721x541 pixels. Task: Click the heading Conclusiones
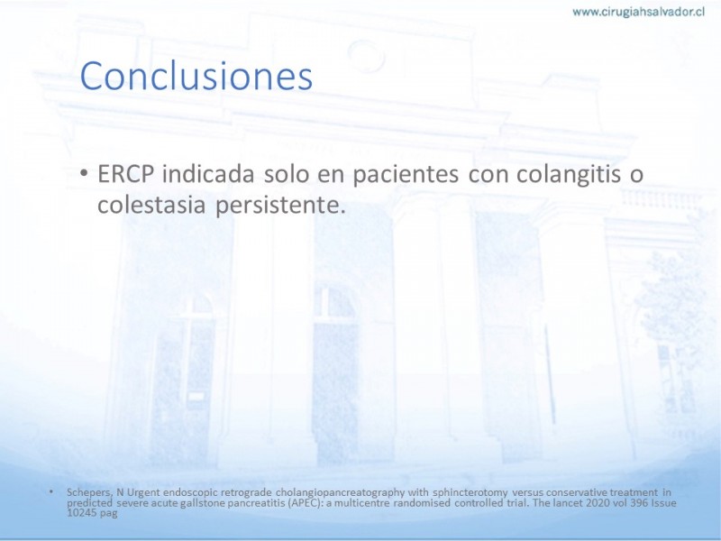[x=196, y=76]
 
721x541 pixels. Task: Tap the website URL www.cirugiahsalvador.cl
[x=639, y=13]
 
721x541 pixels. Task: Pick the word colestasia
[x=151, y=205]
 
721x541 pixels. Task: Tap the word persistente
[x=280, y=206]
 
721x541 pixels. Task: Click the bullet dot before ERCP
[x=84, y=174]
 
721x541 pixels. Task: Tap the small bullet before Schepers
[x=51, y=492]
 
